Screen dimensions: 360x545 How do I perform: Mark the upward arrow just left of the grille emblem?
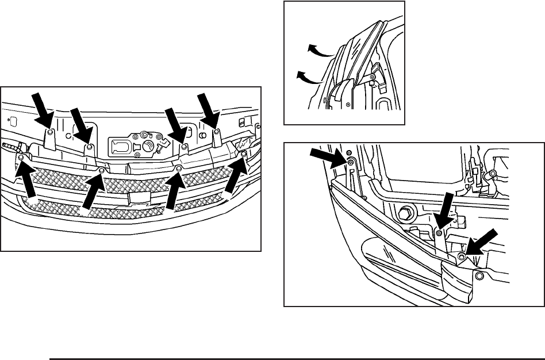click(x=93, y=192)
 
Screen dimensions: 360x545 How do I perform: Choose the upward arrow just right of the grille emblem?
click(x=173, y=191)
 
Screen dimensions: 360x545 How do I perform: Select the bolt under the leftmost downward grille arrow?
click(x=50, y=132)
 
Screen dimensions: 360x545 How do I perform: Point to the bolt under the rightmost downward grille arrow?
click(x=218, y=132)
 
